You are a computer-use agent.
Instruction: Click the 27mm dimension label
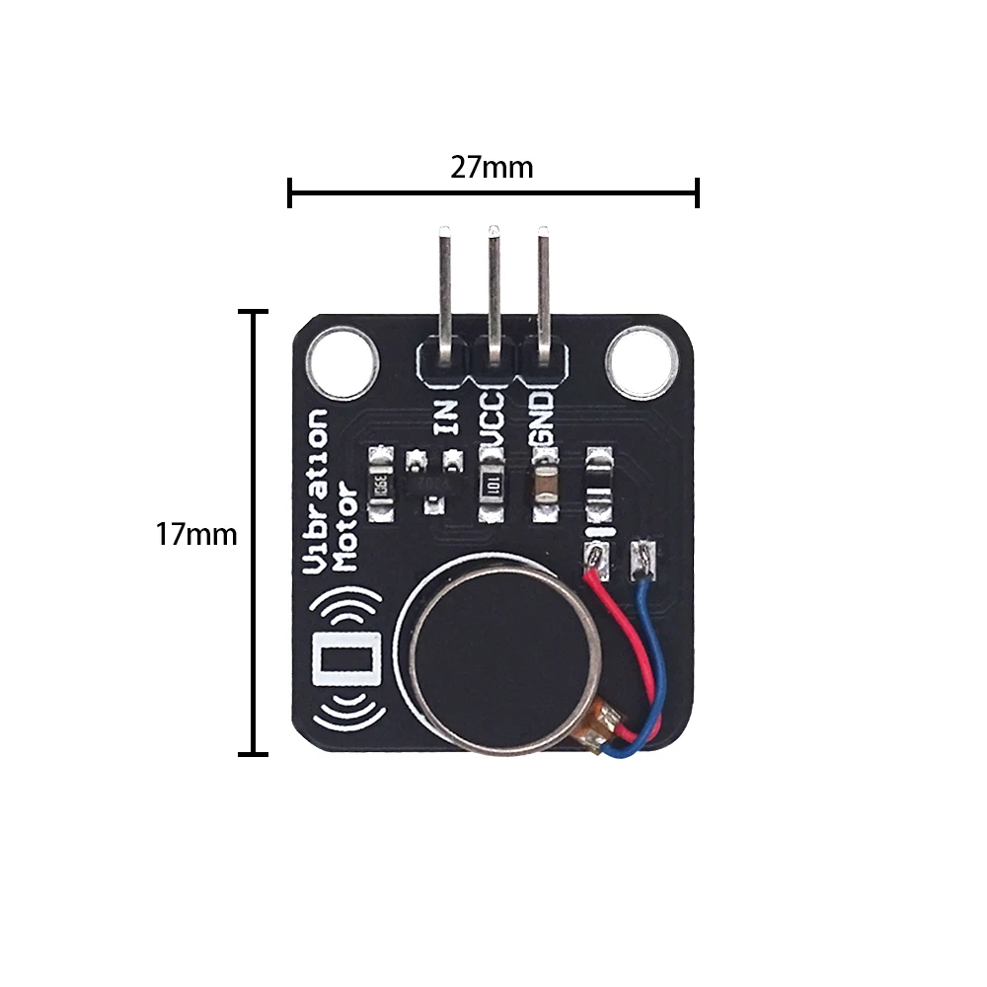[492, 168]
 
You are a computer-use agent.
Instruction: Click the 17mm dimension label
[196, 535]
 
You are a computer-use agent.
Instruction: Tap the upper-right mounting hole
[642, 363]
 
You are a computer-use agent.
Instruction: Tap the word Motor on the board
[345, 526]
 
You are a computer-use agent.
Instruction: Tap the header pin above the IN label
[445, 286]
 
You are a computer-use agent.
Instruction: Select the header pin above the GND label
[543, 286]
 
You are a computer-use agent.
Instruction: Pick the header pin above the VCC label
[493, 286]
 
